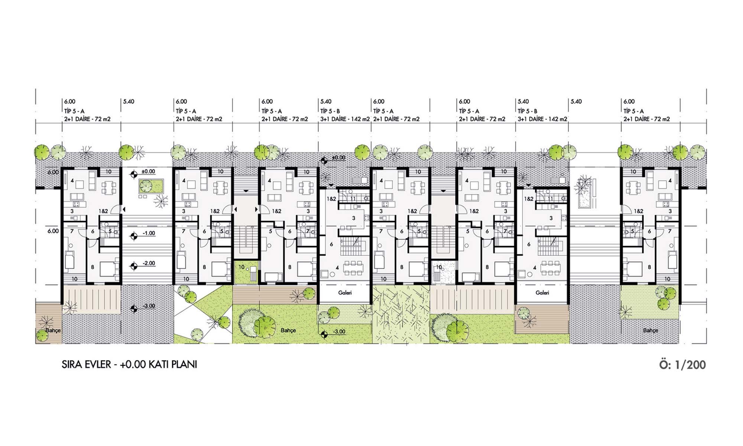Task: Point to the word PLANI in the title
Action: click(185, 365)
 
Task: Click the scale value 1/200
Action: click(690, 365)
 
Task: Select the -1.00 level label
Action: click(149, 233)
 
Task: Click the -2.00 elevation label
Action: click(149, 263)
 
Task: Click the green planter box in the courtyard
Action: click(151, 186)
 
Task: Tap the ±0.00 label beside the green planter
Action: click(148, 172)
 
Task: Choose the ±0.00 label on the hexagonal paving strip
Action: click(338, 158)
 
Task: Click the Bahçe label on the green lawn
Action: click(288, 330)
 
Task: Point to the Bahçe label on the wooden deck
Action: click(53, 330)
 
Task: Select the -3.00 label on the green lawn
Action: click(339, 332)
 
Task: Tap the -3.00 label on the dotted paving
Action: click(149, 306)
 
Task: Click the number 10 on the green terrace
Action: click(242, 267)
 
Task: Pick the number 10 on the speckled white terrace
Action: click(439, 267)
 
